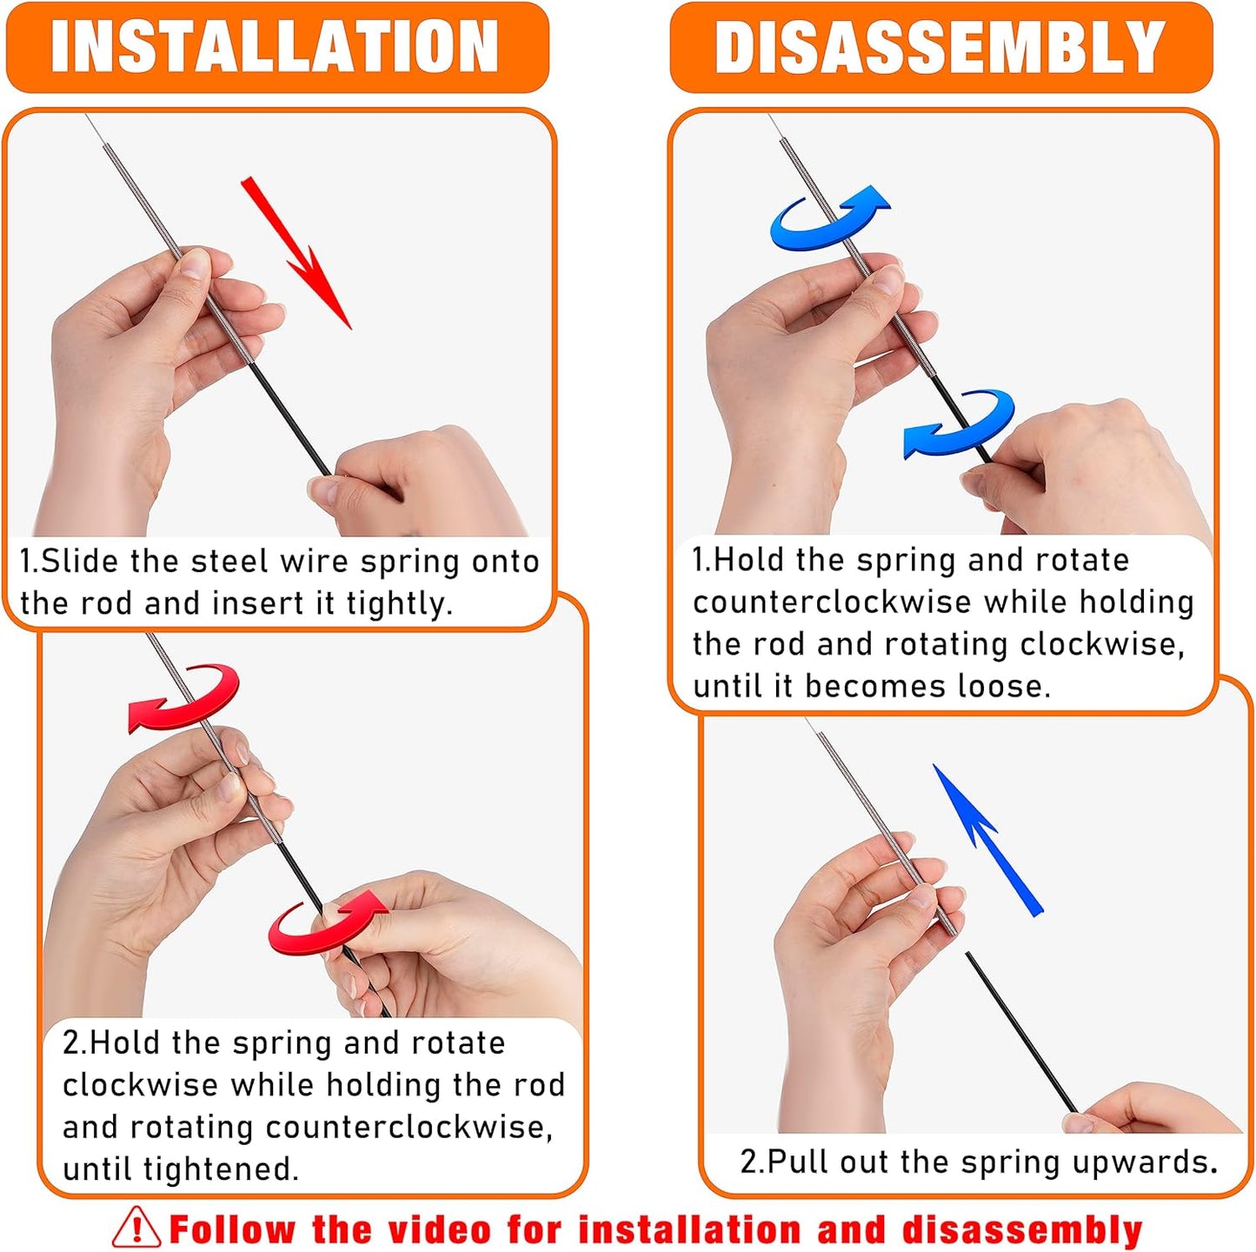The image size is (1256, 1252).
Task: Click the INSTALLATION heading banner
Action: tap(276, 47)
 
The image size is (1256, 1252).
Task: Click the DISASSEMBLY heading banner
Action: tap(940, 47)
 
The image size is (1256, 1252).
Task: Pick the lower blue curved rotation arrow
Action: tap(960, 422)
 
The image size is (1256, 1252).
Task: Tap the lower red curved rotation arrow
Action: tap(326, 922)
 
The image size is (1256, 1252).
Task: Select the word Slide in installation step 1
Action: tap(80, 562)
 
